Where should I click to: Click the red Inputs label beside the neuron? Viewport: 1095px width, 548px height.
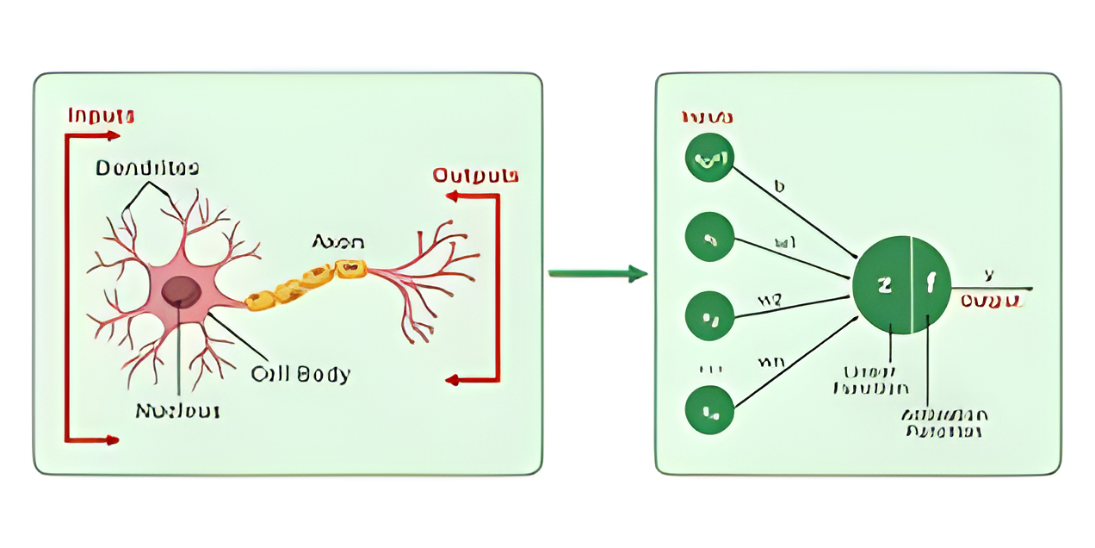[101, 115]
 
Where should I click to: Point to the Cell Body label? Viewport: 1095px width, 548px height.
[300, 374]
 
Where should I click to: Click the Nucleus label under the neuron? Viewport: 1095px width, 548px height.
[177, 411]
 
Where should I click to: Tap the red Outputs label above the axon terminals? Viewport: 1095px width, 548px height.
[475, 176]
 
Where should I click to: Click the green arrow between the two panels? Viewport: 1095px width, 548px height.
[597, 274]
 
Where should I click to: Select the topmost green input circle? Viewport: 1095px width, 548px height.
[709, 158]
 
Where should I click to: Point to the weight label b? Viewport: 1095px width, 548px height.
[779, 185]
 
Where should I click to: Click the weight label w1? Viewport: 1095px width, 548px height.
[785, 244]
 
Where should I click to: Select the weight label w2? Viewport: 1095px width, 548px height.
[769, 300]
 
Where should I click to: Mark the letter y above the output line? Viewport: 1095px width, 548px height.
[989, 274]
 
